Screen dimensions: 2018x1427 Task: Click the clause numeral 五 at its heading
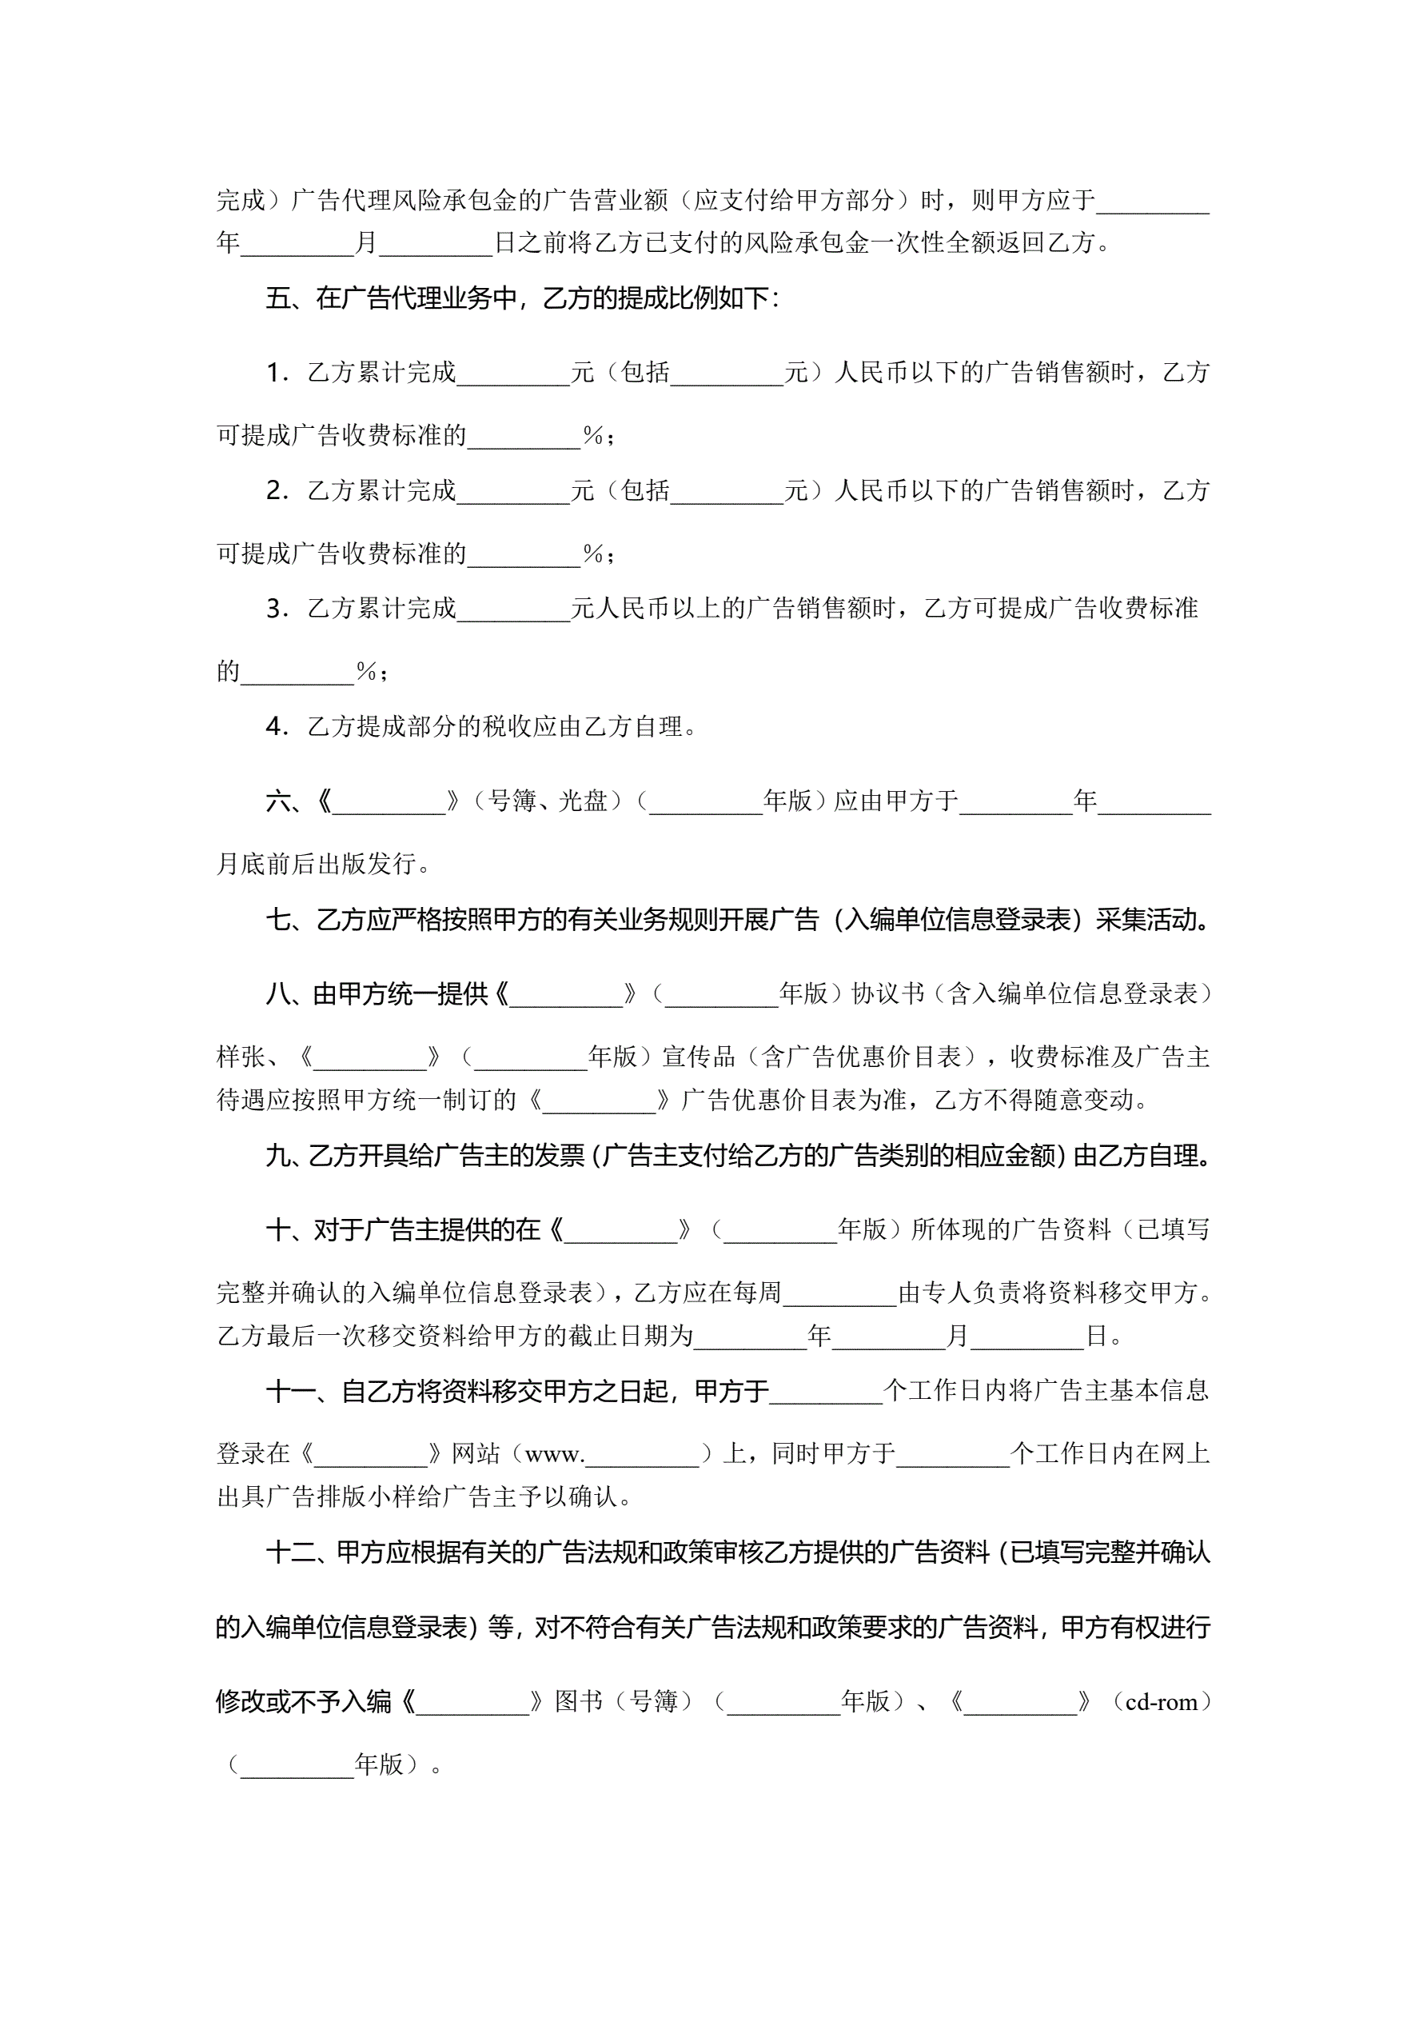click(278, 299)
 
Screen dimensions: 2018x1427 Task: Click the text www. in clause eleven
click(555, 1455)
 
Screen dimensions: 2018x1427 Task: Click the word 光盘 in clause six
click(584, 801)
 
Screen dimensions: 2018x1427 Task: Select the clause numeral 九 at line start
click(278, 1156)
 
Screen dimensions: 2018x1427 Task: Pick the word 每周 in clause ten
click(756, 1292)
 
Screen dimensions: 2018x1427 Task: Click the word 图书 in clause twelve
click(578, 1701)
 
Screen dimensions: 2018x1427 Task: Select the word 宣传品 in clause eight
click(699, 1057)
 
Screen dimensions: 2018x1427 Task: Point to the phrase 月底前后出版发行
click(316, 864)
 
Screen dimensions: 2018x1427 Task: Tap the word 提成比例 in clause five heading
click(680, 299)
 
